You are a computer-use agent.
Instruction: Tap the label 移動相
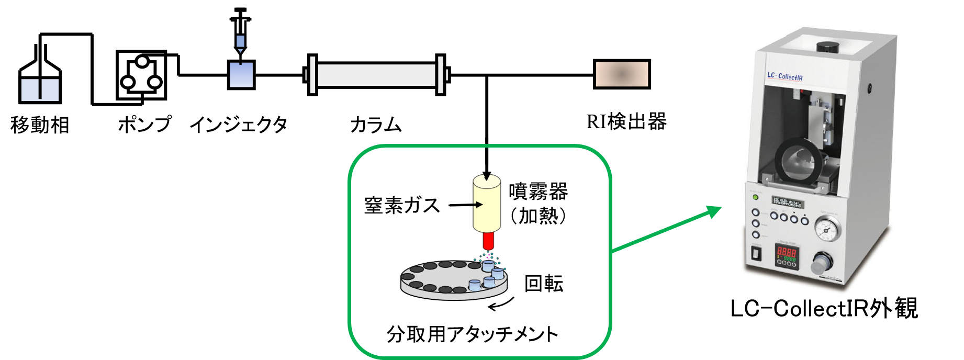[x=40, y=126]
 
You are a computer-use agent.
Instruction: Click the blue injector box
[x=241, y=75]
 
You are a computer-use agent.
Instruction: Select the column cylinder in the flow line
[x=376, y=75]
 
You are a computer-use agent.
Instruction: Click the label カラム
[x=375, y=126]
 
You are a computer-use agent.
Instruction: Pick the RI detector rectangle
[x=622, y=74]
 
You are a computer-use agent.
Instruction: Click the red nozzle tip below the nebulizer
[x=488, y=242]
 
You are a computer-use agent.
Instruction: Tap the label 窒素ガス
[x=402, y=205]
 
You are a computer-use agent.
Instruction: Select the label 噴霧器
[x=538, y=192]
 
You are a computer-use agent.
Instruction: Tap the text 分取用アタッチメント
[x=472, y=334]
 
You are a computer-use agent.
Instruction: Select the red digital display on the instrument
[x=787, y=255]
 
